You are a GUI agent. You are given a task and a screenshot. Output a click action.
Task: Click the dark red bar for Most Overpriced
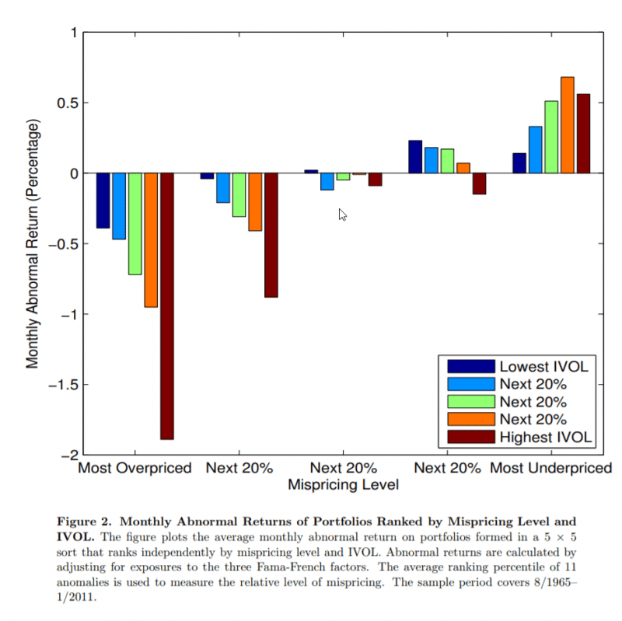(x=167, y=305)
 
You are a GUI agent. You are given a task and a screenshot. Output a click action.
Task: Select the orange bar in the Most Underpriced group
(x=567, y=124)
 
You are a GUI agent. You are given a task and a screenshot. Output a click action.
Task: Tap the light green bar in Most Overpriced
(x=135, y=224)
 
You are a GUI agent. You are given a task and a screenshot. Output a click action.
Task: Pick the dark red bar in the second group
(x=271, y=235)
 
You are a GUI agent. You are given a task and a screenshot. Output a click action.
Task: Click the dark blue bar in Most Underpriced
(x=519, y=163)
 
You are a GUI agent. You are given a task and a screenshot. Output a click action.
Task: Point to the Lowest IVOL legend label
(x=543, y=366)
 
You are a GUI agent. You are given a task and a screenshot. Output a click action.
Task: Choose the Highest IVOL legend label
(x=546, y=438)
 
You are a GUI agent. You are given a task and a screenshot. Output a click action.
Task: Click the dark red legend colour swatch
(x=471, y=438)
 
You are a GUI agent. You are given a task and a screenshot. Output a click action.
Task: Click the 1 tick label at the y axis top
(x=73, y=33)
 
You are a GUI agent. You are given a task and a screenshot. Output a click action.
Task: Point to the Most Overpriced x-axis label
(x=135, y=469)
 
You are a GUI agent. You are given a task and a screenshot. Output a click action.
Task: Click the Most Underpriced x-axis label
(x=550, y=469)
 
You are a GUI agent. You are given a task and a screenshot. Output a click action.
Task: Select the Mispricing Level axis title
(x=343, y=486)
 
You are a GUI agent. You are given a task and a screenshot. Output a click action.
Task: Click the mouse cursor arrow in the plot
(x=342, y=214)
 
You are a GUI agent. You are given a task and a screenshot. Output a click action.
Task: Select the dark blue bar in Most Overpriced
(x=103, y=201)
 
